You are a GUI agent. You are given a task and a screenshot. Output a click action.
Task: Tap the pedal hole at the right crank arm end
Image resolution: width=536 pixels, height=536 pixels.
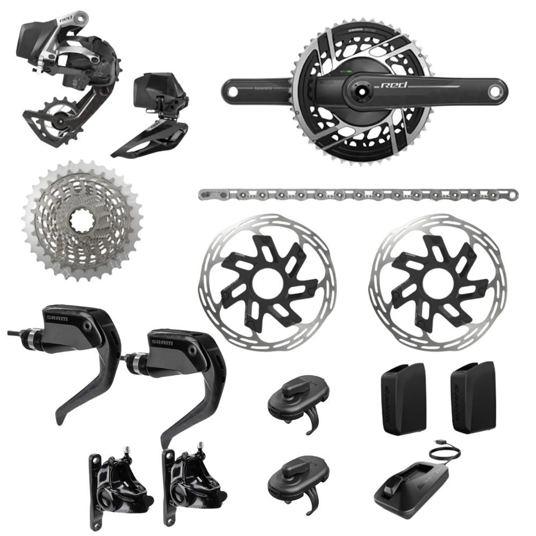point(497,88)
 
